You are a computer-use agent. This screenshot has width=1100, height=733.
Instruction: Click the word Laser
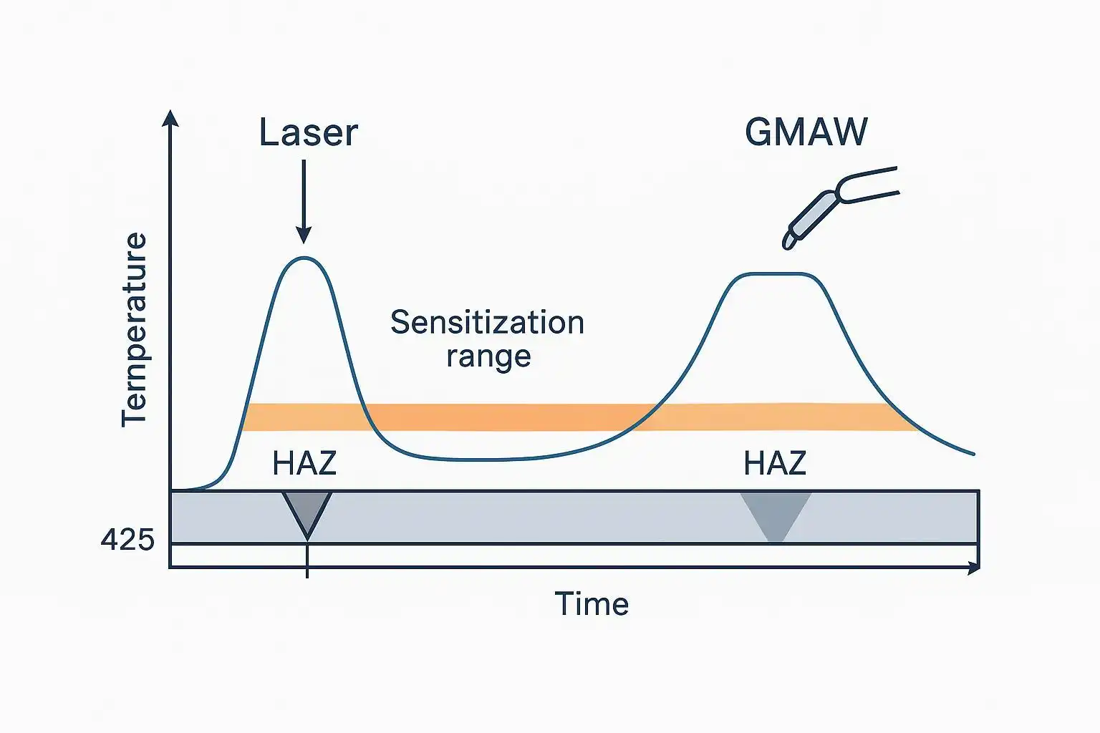click(308, 133)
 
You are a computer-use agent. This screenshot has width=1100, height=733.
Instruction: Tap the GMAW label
click(806, 132)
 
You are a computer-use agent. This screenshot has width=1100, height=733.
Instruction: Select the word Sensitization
click(487, 323)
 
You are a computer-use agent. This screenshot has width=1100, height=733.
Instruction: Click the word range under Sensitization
click(488, 356)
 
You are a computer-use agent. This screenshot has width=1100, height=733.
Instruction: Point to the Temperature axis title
click(134, 329)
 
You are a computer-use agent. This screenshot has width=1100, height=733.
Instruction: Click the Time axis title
click(592, 604)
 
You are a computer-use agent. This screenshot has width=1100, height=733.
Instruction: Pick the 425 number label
click(127, 539)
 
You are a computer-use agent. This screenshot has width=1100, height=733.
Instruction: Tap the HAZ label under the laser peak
click(304, 464)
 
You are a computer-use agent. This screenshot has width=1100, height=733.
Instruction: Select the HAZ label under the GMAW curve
click(775, 464)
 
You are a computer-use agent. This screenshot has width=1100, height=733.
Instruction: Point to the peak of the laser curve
click(304, 258)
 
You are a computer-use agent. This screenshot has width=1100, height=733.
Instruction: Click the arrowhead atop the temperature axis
click(170, 117)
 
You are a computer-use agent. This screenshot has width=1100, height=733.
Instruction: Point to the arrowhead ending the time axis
click(973, 568)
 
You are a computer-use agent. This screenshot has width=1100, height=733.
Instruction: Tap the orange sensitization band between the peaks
click(501, 417)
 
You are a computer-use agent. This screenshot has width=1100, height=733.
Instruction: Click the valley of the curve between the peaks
click(473, 459)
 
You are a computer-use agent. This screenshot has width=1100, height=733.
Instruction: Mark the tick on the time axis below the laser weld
click(307, 568)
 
